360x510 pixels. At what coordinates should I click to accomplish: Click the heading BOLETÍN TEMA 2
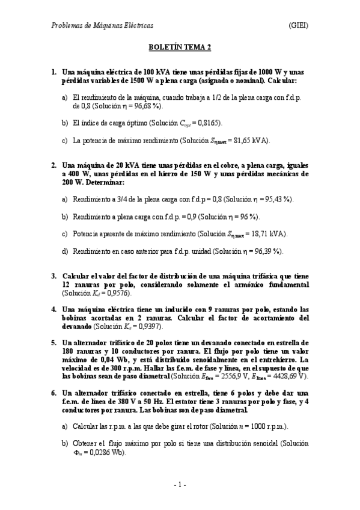coord(180,46)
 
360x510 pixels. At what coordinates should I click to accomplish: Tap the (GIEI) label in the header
coord(299,26)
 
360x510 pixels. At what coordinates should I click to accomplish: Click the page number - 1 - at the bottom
coord(180,485)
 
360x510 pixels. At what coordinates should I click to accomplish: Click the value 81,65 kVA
coord(250,141)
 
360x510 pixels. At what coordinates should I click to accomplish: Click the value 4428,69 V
coord(288,376)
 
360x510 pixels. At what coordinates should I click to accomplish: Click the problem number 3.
coord(53,275)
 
